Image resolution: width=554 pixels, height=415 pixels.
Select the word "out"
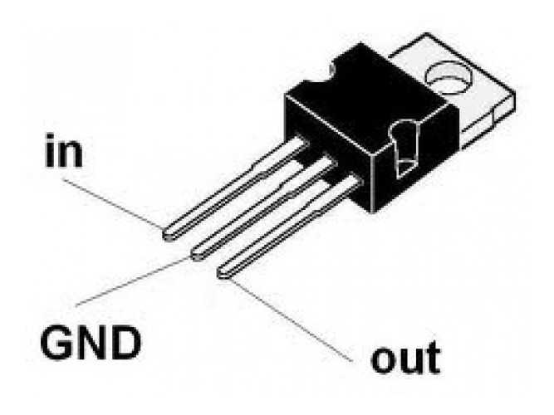(x=405, y=359)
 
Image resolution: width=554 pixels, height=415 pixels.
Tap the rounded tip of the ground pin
(x=198, y=251)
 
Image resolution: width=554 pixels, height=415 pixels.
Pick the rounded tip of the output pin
(x=223, y=271)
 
